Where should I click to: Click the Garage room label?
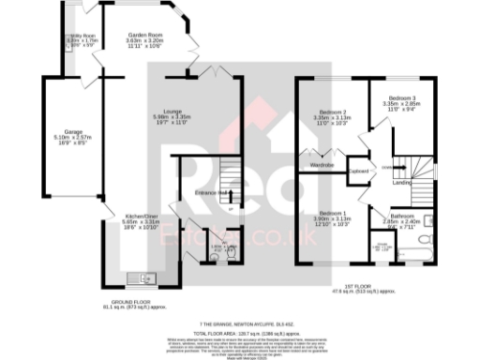point(62,131)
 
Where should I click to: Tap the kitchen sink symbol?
point(145,277)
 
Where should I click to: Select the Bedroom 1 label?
point(330,214)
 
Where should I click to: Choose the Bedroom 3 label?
point(403,99)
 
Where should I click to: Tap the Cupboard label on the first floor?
point(358,172)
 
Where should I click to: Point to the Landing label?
point(401,182)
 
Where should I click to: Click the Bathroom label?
point(404,217)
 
